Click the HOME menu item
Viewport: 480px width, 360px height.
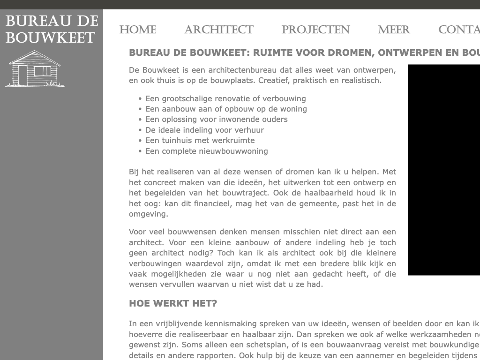coord(138,30)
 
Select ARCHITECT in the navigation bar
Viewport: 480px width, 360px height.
coord(219,30)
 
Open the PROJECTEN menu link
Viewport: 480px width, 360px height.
coord(315,30)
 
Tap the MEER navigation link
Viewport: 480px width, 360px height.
coord(394,30)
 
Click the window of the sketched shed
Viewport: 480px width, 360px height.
coord(43,71)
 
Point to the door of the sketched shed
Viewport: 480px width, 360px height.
coord(22,75)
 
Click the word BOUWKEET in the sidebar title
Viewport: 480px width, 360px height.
coord(51,38)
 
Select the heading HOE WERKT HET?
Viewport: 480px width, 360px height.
coord(173,303)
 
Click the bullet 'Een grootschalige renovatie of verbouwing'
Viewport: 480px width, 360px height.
coord(225,98)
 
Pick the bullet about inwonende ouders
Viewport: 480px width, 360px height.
coord(216,119)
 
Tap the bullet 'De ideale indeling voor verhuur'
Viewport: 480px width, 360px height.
coord(204,130)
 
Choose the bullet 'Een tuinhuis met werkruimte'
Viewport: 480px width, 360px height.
coord(200,140)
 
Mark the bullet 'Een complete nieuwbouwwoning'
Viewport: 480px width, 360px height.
coord(206,151)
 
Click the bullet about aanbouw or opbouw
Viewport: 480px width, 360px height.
coord(226,109)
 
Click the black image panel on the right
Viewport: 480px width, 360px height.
coord(443,170)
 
